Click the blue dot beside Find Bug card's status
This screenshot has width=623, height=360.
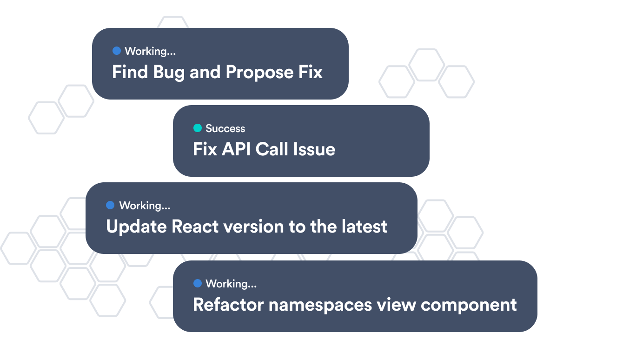click(117, 51)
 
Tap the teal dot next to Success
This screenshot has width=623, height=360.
click(198, 128)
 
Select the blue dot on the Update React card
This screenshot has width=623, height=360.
click(110, 205)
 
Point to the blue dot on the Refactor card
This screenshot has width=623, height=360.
click(198, 283)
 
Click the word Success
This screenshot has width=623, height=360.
click(225, 128)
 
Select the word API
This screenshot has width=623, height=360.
click(236, 149)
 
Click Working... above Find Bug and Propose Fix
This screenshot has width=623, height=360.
click(150, 51)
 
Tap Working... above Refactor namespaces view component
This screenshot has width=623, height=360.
click(231, 284)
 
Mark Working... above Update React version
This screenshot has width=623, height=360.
click(145, 206)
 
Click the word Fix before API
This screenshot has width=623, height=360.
click(205, 149)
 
